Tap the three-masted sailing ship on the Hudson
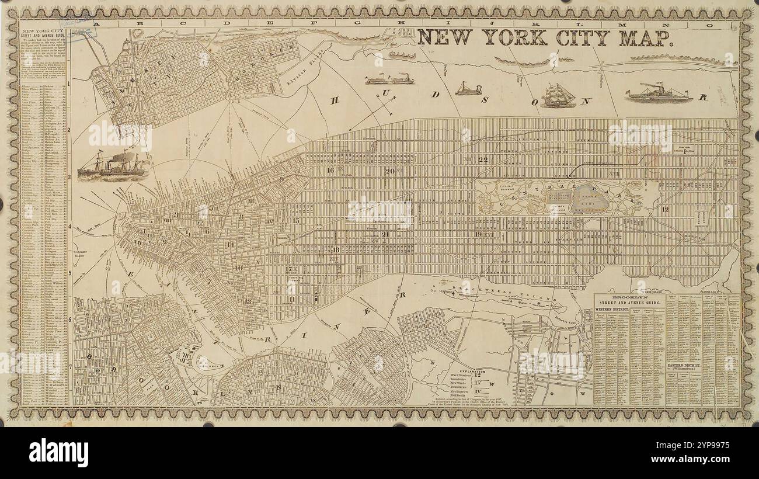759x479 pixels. pos(558,95)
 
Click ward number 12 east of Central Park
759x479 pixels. pos(665,209)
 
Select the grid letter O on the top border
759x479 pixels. pos(711,25)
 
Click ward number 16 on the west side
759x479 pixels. pos(330,171)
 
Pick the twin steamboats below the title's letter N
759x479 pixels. pos(389,79)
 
